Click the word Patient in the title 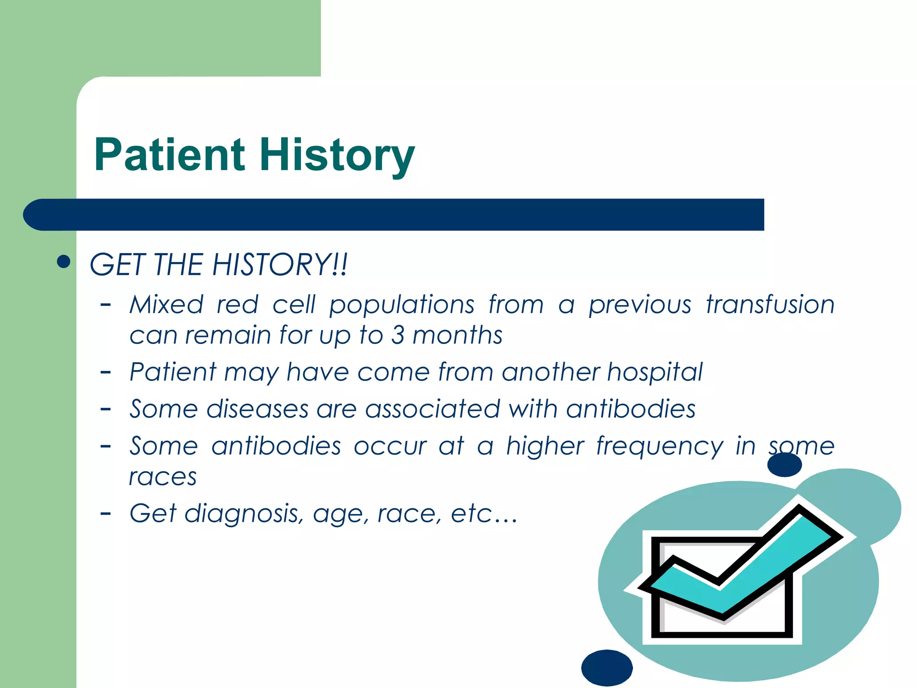click(x=169, y=155)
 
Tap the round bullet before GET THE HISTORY click(x=64, y=262)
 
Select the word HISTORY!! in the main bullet click(x=280, y=264)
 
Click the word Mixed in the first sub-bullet click(x=167, y=305)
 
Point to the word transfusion click(x=770, y=305)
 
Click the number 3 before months click(x=398, y=335)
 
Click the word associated click(x=433, y=409)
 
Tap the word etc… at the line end click(x=484, y=514)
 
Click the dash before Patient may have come click(x=106, y=372)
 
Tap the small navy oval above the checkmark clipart click(x=784, y=465)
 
